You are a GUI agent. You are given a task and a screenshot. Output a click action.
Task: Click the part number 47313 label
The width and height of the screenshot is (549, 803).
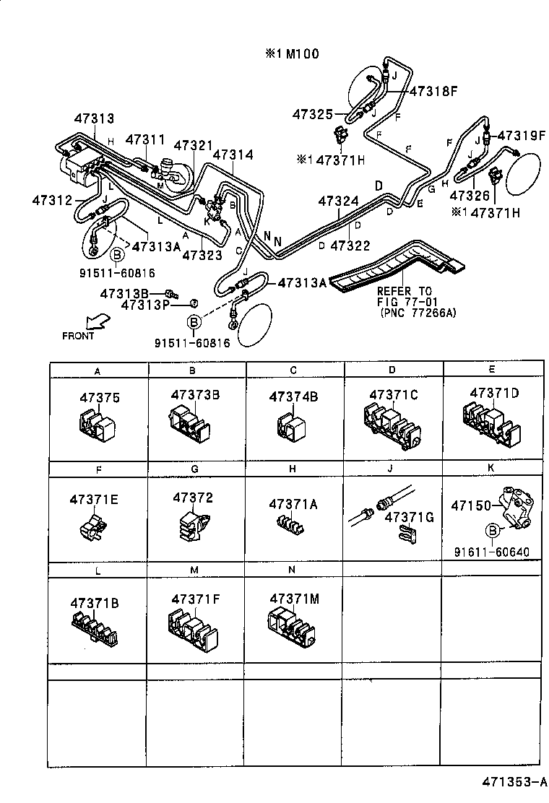tap(94, 119)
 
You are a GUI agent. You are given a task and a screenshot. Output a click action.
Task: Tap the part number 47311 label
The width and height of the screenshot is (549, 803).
tap(145, 139)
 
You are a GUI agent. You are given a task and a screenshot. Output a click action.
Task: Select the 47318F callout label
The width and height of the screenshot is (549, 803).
tap(433, 92)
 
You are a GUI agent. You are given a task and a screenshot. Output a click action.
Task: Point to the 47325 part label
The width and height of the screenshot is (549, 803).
tap(313, 114)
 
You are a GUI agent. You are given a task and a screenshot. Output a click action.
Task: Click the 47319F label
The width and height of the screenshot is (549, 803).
tap(519, 135)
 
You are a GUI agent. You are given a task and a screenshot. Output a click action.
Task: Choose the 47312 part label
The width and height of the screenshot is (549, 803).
tap(51, 199)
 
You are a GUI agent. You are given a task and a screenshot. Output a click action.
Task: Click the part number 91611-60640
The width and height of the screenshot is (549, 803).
tap(492, 552)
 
